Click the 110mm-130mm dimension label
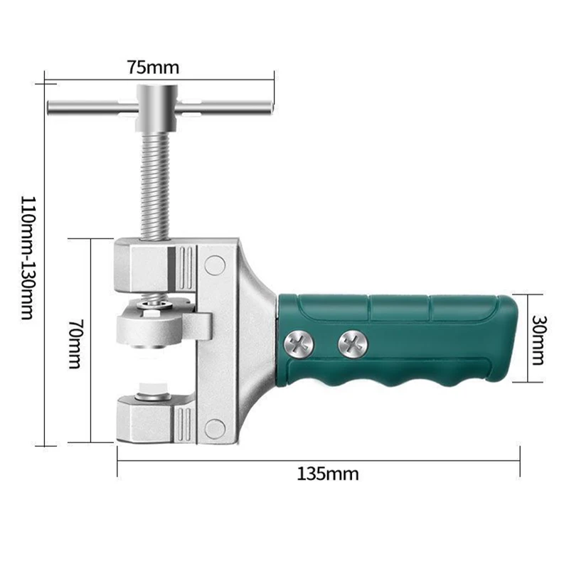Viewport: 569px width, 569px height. [x=26, y=257]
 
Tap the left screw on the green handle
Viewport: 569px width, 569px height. [x=298, y=345]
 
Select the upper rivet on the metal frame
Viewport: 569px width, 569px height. [x=214, y=265]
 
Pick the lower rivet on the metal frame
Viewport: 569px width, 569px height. [x=214, y=427]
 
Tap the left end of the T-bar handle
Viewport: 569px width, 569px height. [x=53, y=108]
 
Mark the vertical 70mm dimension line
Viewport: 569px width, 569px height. [x=91, y=341]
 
